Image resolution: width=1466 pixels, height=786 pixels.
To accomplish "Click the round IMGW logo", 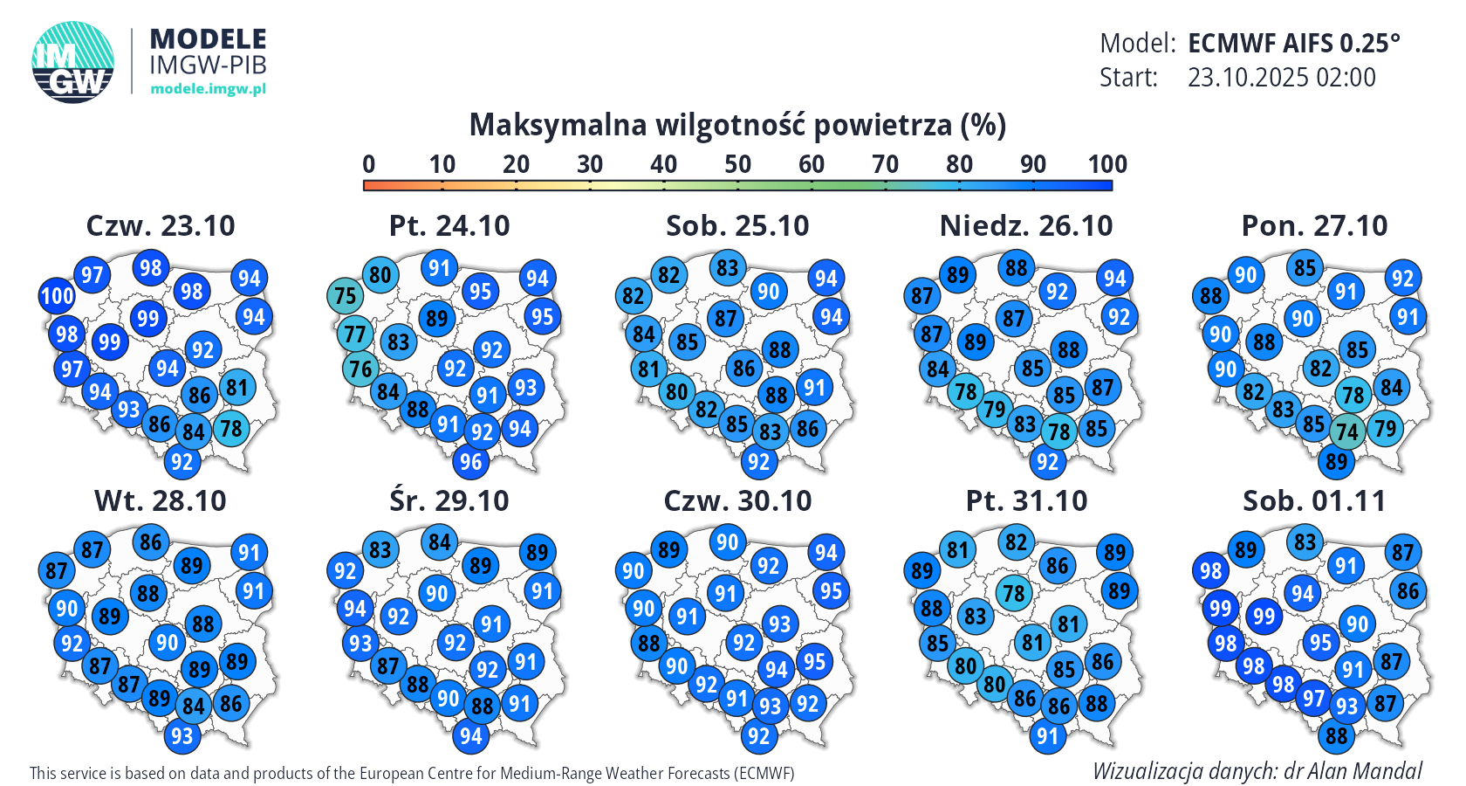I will tap(73, 62).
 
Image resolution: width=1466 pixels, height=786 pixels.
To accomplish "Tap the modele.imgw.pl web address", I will tap(208, 88).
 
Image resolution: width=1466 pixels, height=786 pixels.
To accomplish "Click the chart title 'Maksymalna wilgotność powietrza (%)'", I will tap(737, 125).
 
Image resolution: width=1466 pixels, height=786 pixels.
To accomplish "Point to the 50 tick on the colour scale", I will tap(737, 184).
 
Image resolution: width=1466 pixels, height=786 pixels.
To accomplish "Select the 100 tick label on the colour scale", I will tap(1106, 164).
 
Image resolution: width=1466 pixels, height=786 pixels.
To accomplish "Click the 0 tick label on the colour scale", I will tap(368, 164).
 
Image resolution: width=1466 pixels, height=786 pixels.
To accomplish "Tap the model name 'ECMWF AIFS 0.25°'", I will tap(1293, 43).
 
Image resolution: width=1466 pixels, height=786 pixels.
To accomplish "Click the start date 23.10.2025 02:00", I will tap(1281, 78).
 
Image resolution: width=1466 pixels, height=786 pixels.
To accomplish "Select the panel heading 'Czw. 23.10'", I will tap(161, 225).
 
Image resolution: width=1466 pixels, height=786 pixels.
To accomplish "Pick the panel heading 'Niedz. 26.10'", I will tap(1026, 225).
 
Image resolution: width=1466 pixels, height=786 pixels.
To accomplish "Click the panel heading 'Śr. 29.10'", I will tap(449, 500).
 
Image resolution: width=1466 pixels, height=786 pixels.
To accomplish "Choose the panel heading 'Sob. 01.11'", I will tap(1314, 500).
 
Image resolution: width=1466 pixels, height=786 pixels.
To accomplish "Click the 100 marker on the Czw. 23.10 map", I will tap(58, 295).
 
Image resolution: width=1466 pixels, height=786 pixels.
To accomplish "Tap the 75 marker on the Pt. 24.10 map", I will tap(346, 295).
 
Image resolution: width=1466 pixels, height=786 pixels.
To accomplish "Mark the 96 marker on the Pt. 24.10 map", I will tap(470, 462).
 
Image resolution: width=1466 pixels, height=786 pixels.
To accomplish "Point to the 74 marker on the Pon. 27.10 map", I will tap(1347, 431).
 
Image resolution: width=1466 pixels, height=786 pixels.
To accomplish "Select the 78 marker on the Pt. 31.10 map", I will tap(1013, 594).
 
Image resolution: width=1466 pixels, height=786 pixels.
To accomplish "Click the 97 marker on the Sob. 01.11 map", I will tap(1312, 699).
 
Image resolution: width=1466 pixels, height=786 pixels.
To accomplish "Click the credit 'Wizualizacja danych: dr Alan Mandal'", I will tap(1257, 771).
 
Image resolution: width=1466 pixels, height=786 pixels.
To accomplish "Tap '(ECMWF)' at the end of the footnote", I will tap(764, 773).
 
